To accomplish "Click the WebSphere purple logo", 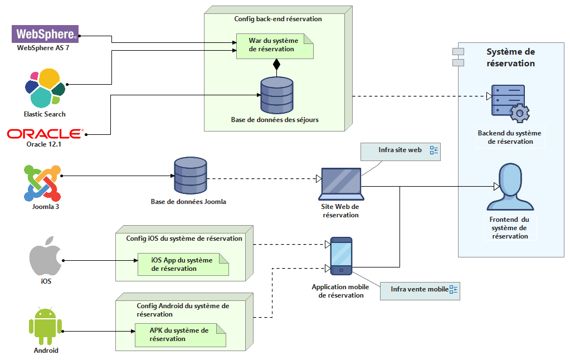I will (x=46, y=34).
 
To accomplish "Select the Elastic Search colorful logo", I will (x=45, y=88).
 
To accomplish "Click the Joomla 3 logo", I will (x=42, y=183).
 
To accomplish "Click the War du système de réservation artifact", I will (x=274, y=46).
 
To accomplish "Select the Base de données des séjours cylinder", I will (x=277, y=95).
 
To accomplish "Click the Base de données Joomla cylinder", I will (x=190, y=175).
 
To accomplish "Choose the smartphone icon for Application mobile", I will (x=341, y=256).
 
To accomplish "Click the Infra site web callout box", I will (x=400, y=151).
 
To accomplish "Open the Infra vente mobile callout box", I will (x=420, y=290).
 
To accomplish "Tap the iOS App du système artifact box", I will (x=183, y=265).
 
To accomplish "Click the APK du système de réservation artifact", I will (x=180, y=335).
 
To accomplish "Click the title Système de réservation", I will (x=510, y=57).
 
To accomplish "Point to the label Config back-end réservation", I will (x=278, y=19).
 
